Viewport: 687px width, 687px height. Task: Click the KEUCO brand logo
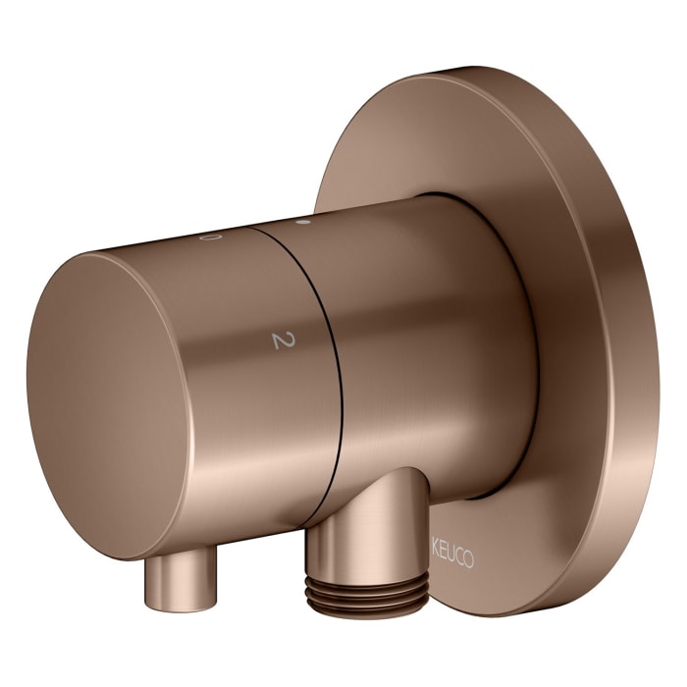point(452,556)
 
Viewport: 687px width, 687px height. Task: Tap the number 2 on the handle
point(284,341)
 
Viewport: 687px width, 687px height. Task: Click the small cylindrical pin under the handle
point(181,578)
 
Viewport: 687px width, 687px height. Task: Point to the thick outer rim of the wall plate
point(631,350)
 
